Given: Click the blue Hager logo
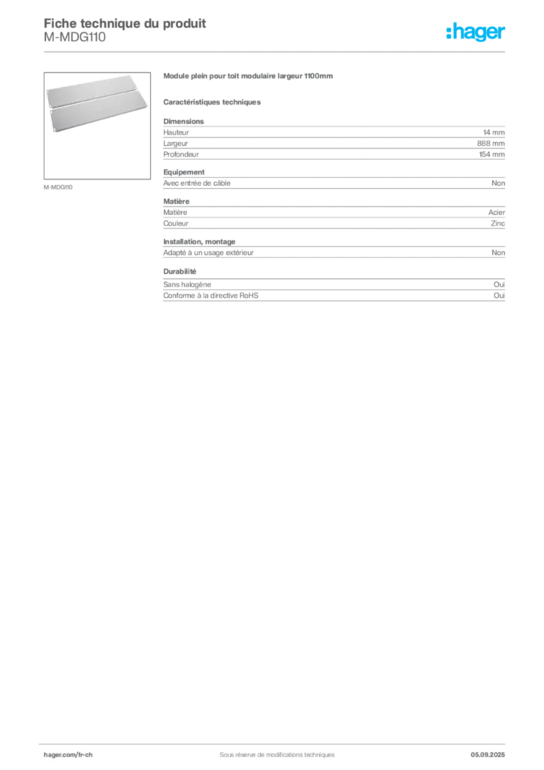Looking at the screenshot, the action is click(476, 32).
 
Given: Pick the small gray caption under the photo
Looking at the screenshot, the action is click(60, 186).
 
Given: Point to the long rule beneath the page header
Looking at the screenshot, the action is click(277, 51).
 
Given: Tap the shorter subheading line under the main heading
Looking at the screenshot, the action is click(213, 102).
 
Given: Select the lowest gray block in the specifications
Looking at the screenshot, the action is click(334, 297).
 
